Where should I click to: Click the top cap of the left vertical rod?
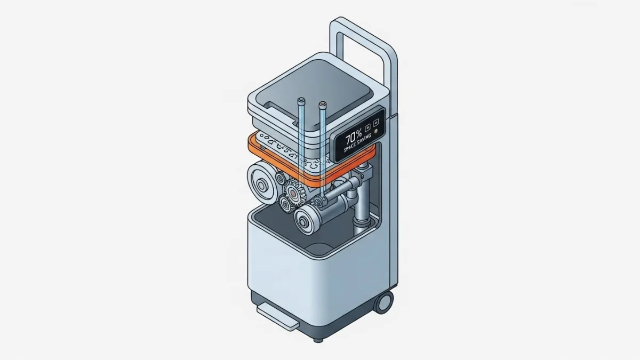coord(301,100)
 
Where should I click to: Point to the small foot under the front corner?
coord(318,339)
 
